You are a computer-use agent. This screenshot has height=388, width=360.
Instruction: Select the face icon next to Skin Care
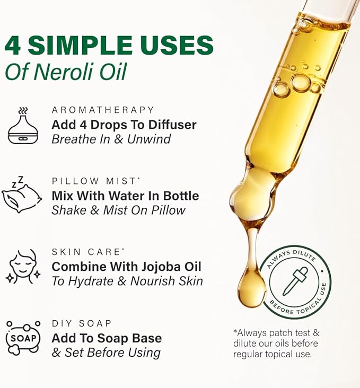click(23, 266)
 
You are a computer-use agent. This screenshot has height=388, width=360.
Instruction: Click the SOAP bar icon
click(23, 337)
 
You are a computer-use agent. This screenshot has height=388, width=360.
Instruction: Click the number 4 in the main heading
click(14, 45)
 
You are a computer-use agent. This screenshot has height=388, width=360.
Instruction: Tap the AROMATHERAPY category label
click(103, 110)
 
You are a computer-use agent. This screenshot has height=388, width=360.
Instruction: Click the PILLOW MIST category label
click(94, 181)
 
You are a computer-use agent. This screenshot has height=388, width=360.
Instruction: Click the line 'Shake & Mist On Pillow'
click(118, 210)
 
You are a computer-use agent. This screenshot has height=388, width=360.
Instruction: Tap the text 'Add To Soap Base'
click(107, 338)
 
